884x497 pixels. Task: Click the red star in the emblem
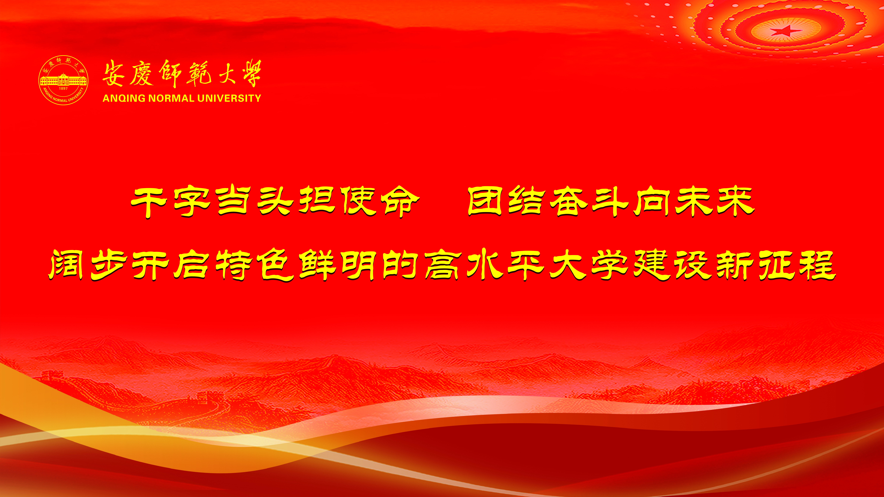[786, 30]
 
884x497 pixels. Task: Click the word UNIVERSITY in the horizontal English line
[229, 98]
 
